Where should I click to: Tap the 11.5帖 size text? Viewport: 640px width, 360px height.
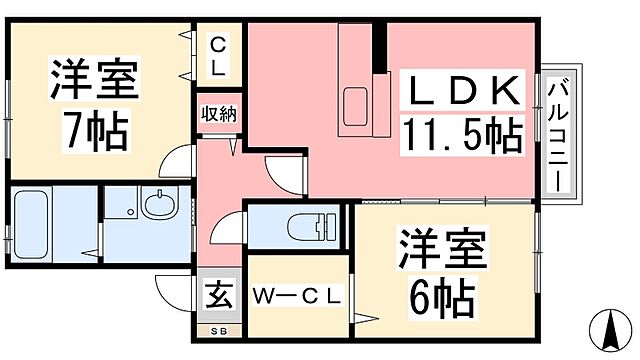(462, 133)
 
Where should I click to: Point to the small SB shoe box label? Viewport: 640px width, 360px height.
(218, 329)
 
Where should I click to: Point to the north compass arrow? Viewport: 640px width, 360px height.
(606, 328)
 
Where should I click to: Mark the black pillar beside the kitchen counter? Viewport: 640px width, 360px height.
(380, 47)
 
